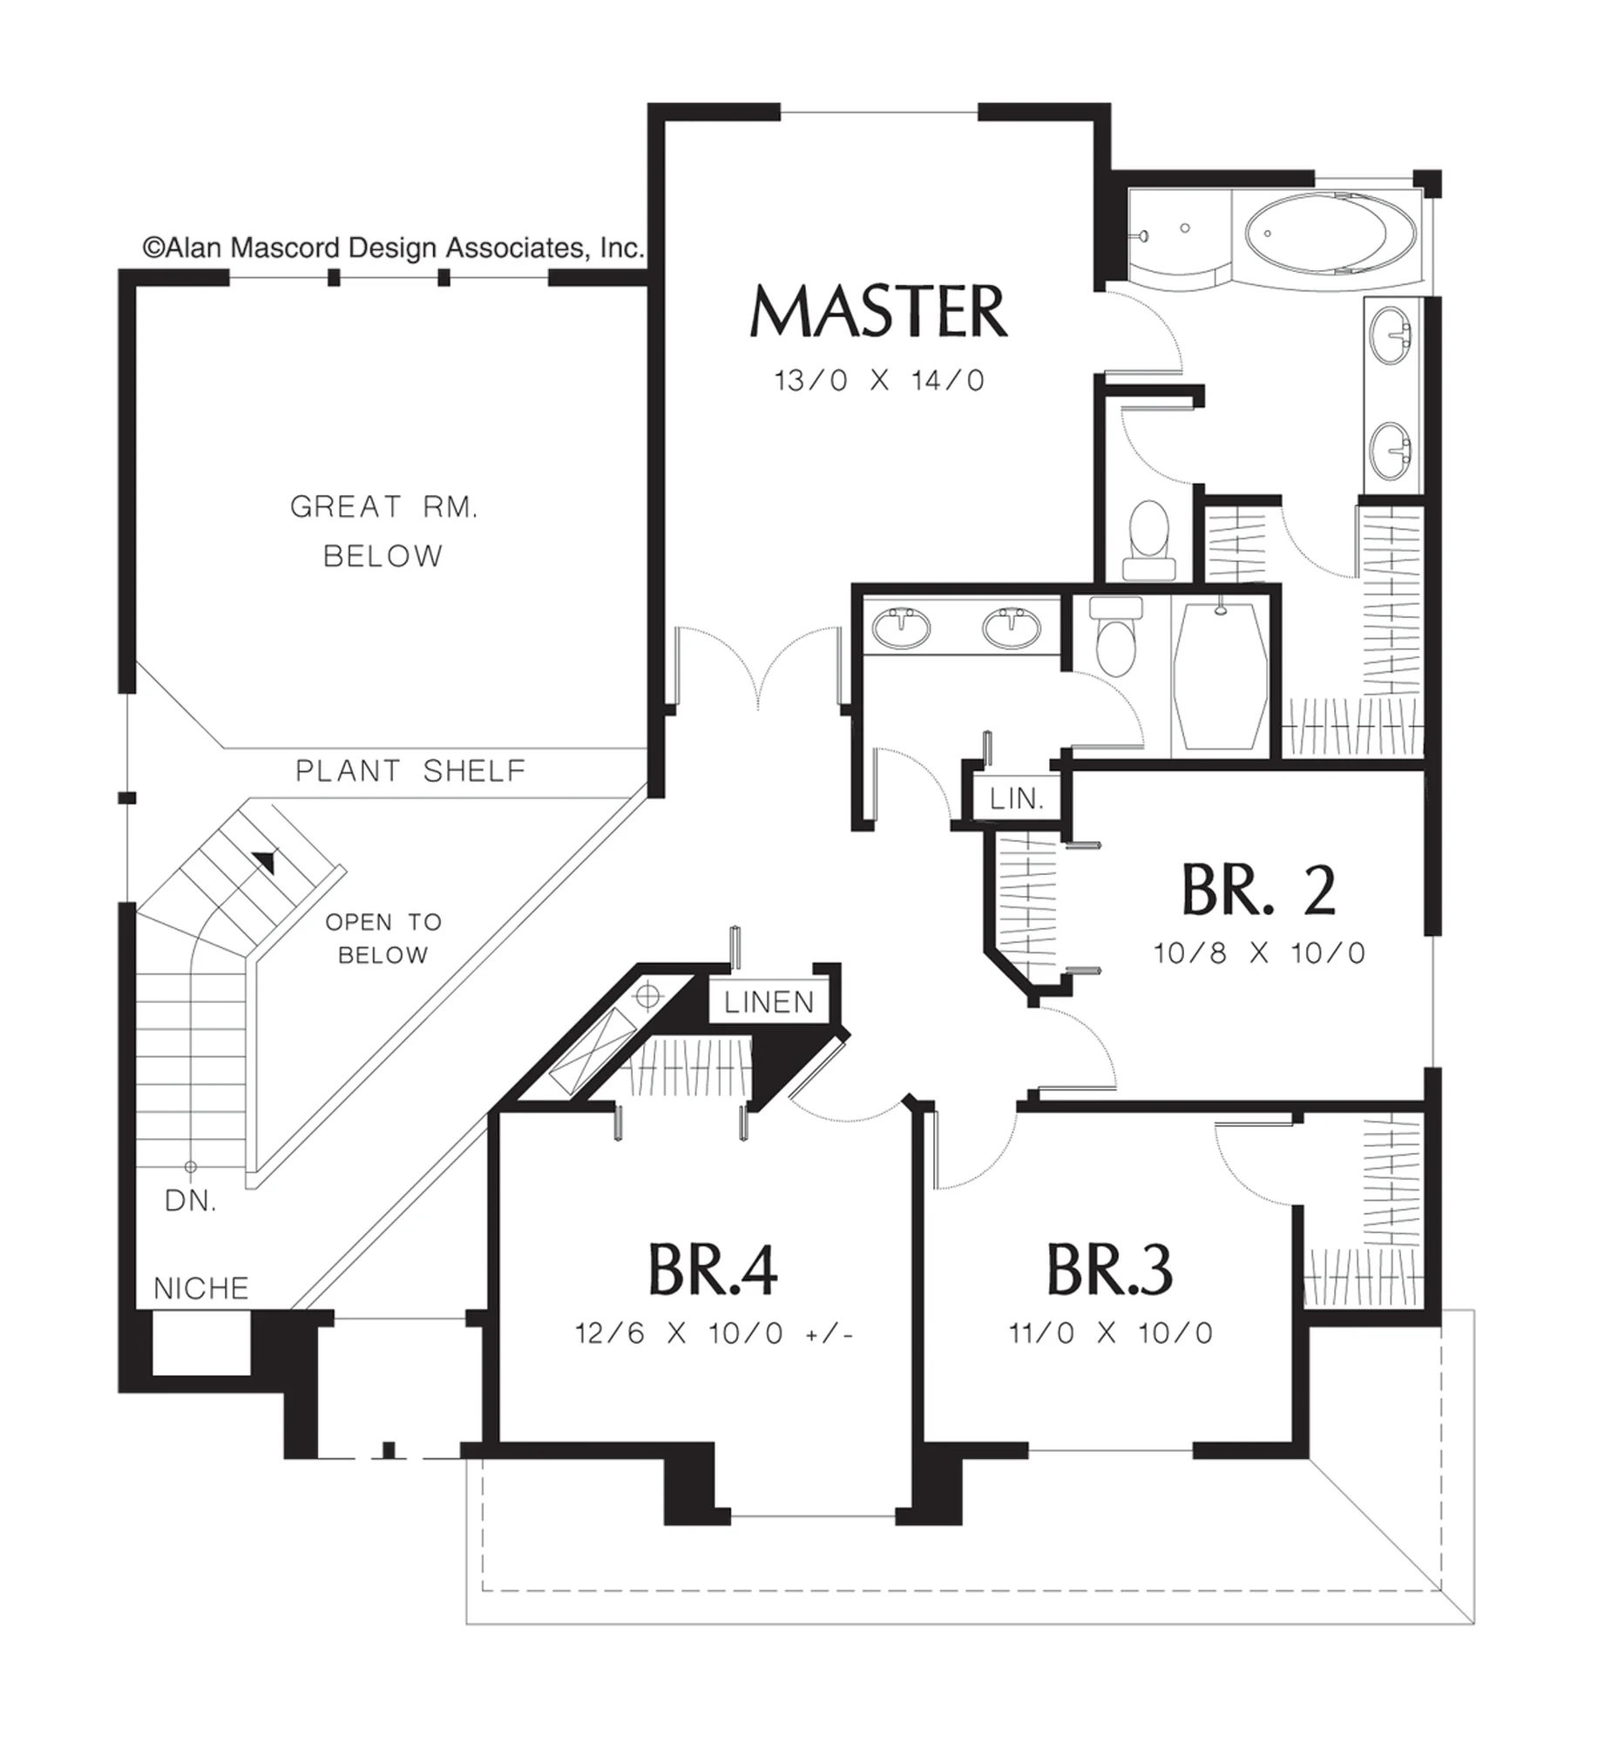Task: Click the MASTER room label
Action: click(x=878, y=311)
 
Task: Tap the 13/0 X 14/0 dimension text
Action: click(x=879, y=381)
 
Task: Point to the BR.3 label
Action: click(x=1109, y=1270)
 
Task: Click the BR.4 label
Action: click(x=713, y=1270)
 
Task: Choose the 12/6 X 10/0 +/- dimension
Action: click(x=714, y=1333)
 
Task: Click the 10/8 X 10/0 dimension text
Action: click(x=1259, y=953)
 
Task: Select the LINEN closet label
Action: click(x=769, y=1002)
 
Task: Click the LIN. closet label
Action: click(x=1017, y=798)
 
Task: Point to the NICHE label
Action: click(x=201, y=1288)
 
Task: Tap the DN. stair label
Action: click(x=191, y=1202)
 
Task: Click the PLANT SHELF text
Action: click(x=411, y=770)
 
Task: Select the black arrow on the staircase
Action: click(x=264, y=862)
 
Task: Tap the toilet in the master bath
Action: click(x=1148, y=539)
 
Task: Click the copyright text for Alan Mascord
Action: click(x=394, y=248)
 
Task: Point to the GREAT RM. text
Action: click(x=384, y=506)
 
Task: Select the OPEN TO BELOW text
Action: click(x=383, y=938)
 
